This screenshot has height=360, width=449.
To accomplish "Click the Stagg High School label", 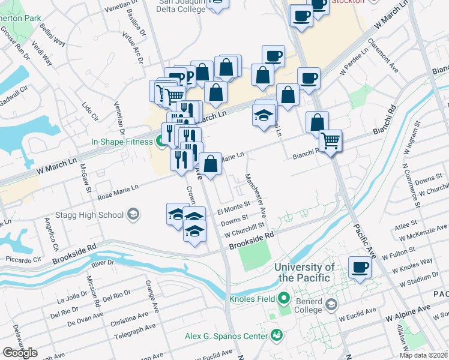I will click(x=91, y=214).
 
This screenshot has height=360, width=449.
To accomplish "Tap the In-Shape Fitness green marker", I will click(x=160, y=142).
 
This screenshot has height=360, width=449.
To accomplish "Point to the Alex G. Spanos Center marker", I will click(x=277, y=334).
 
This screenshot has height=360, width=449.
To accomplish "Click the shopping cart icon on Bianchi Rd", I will click(x=330, y=141).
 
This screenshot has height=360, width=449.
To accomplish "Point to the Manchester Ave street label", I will click(x=255, y=194).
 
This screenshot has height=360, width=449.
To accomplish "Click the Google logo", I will click(x=20, y=353).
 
